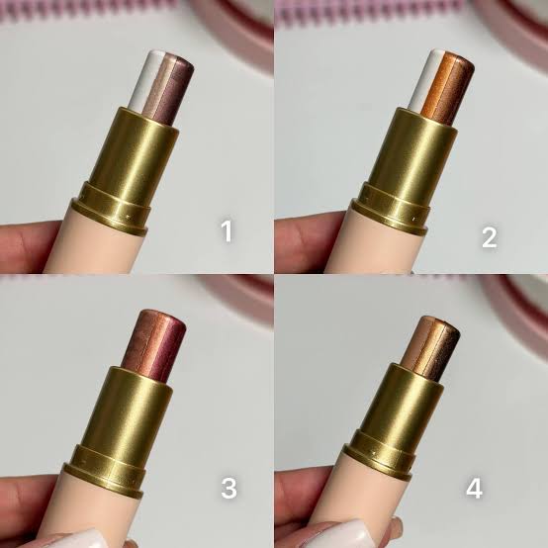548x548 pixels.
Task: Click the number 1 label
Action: (x=227, y=231)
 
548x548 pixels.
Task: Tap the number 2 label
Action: (x=490, y=237)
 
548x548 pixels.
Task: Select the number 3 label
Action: (x=228, y=488)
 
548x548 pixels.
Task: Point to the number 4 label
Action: (x=474, y=488)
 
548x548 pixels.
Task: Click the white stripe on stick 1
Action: (x=141, y=81)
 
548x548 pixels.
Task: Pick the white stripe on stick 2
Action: (x=422, y=80)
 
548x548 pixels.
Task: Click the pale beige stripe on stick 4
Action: (x=414, y=339)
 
